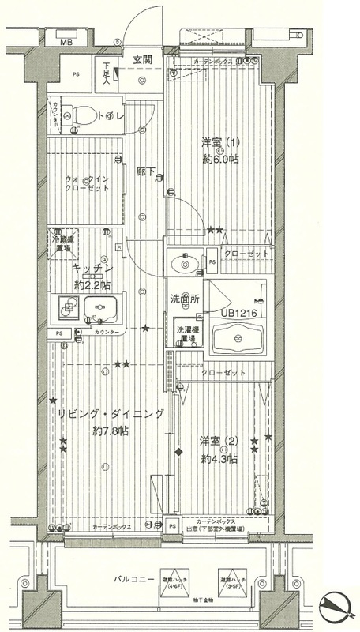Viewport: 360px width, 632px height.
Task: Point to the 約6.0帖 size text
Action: (221, 159)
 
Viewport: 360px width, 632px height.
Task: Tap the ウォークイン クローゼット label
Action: (89, 185)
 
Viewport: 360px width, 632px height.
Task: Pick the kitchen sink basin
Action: (99, 309)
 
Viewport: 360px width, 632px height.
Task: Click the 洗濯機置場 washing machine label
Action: (186, 332)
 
